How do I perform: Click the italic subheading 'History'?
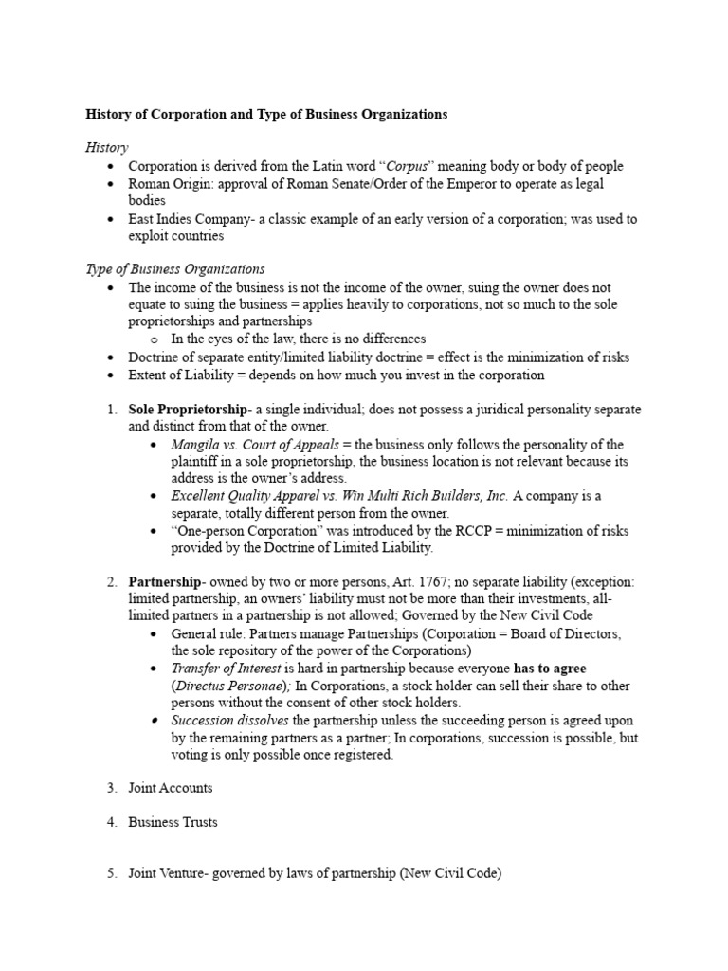(x=107, y=148)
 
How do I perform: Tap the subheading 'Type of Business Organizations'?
(x=175, y=269)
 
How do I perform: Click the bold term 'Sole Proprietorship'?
(x=186, y=410)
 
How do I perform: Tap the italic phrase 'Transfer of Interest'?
(x=226, y=669)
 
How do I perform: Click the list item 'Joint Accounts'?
(x=171, y=788)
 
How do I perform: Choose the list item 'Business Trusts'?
(x=173, y=822)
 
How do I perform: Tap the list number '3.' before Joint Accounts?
(x=111, y=788)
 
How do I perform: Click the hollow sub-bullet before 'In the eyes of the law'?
(x=154, y=339)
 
